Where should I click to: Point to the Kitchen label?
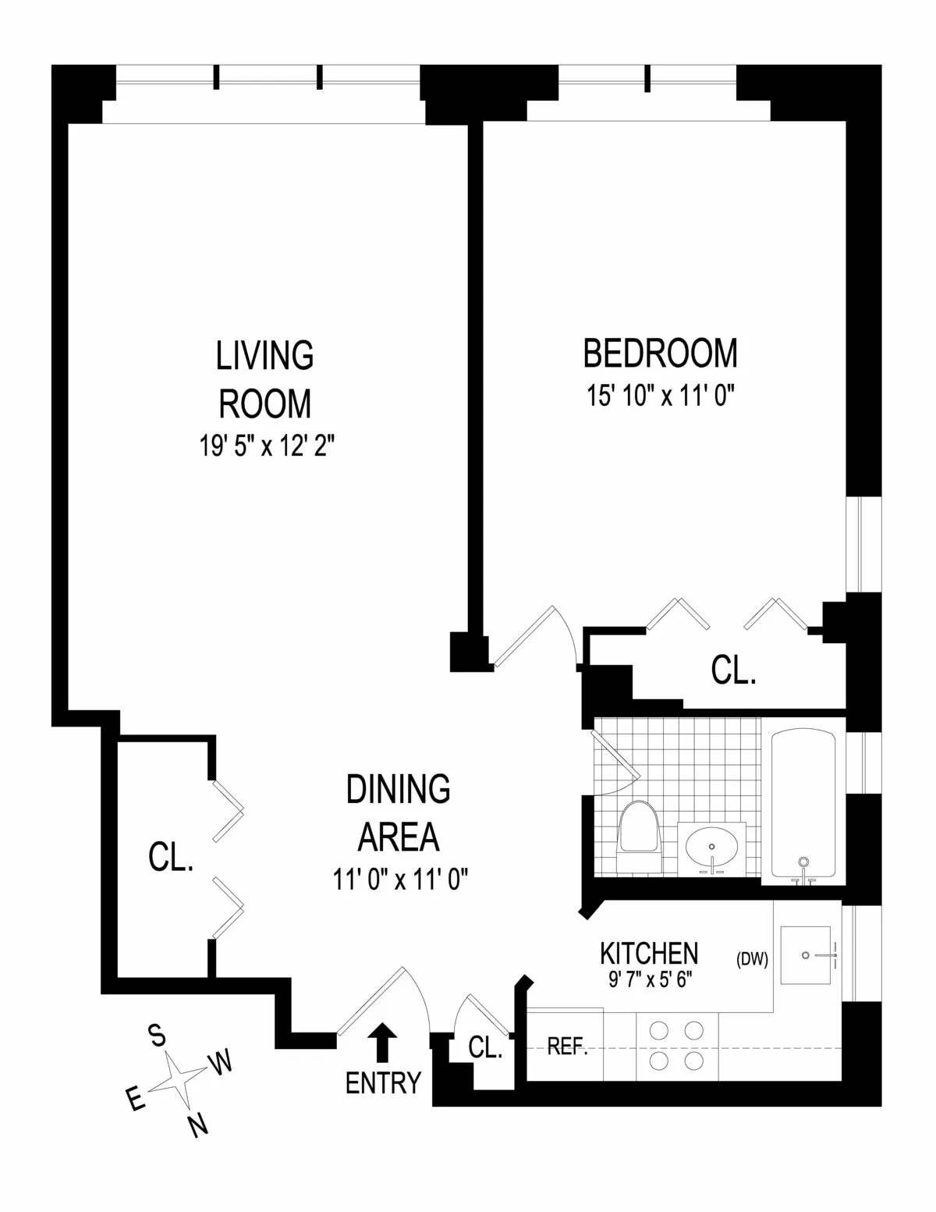tap(649, 953)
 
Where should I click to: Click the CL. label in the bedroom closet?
tap(734, 670)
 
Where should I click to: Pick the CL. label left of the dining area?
tap(170, 858)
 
